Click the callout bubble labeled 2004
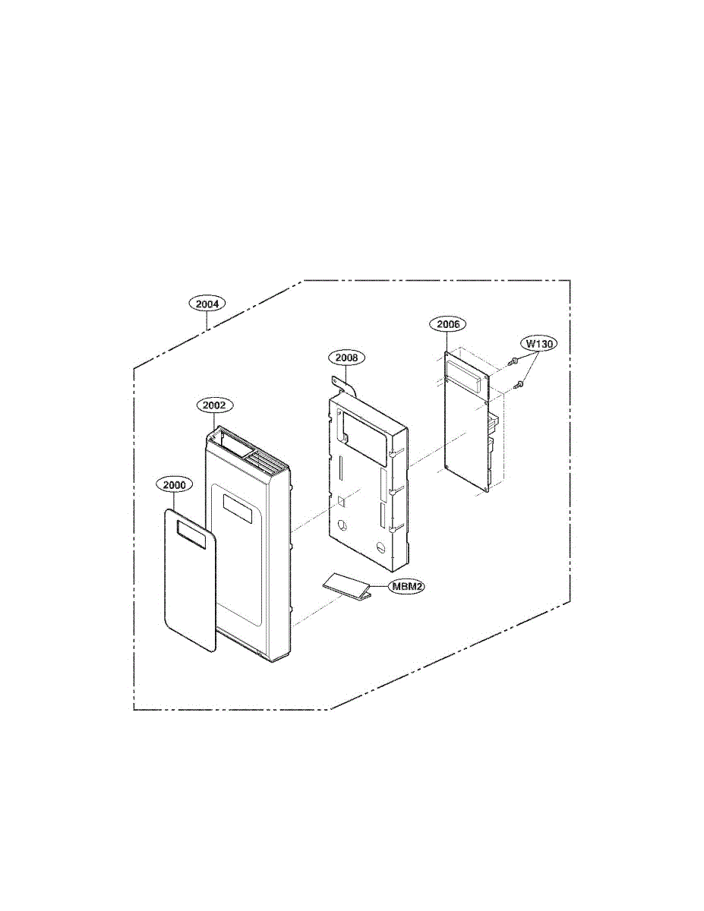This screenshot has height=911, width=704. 207,304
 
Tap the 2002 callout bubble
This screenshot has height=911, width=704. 214,405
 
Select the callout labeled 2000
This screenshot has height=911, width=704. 174,485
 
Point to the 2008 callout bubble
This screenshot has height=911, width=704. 346,358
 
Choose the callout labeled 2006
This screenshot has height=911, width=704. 448,324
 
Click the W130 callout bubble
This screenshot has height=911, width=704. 539,344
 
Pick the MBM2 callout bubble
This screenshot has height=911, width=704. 406,586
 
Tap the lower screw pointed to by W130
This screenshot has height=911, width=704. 519,383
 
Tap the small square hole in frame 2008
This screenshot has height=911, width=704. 341,500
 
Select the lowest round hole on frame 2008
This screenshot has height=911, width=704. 380,547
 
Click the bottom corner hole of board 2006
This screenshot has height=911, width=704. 485,490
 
